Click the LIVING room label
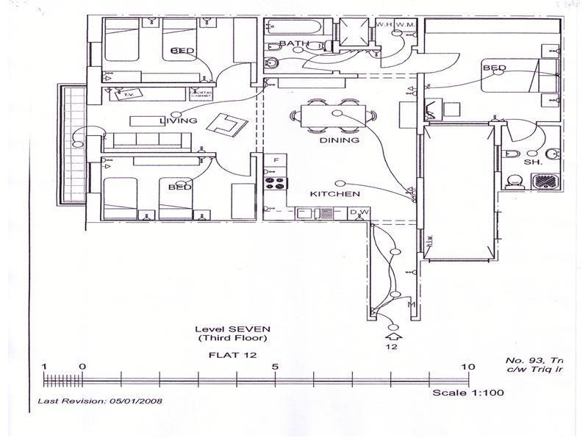point(179,121)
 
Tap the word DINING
point(339,140)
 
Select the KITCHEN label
point(334,194)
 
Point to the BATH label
point(293,44)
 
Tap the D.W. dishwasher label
point(358,213)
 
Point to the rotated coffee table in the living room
point(226,124)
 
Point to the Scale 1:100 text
point(467,393)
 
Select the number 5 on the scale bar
point(274,366)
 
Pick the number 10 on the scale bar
point(467,366)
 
